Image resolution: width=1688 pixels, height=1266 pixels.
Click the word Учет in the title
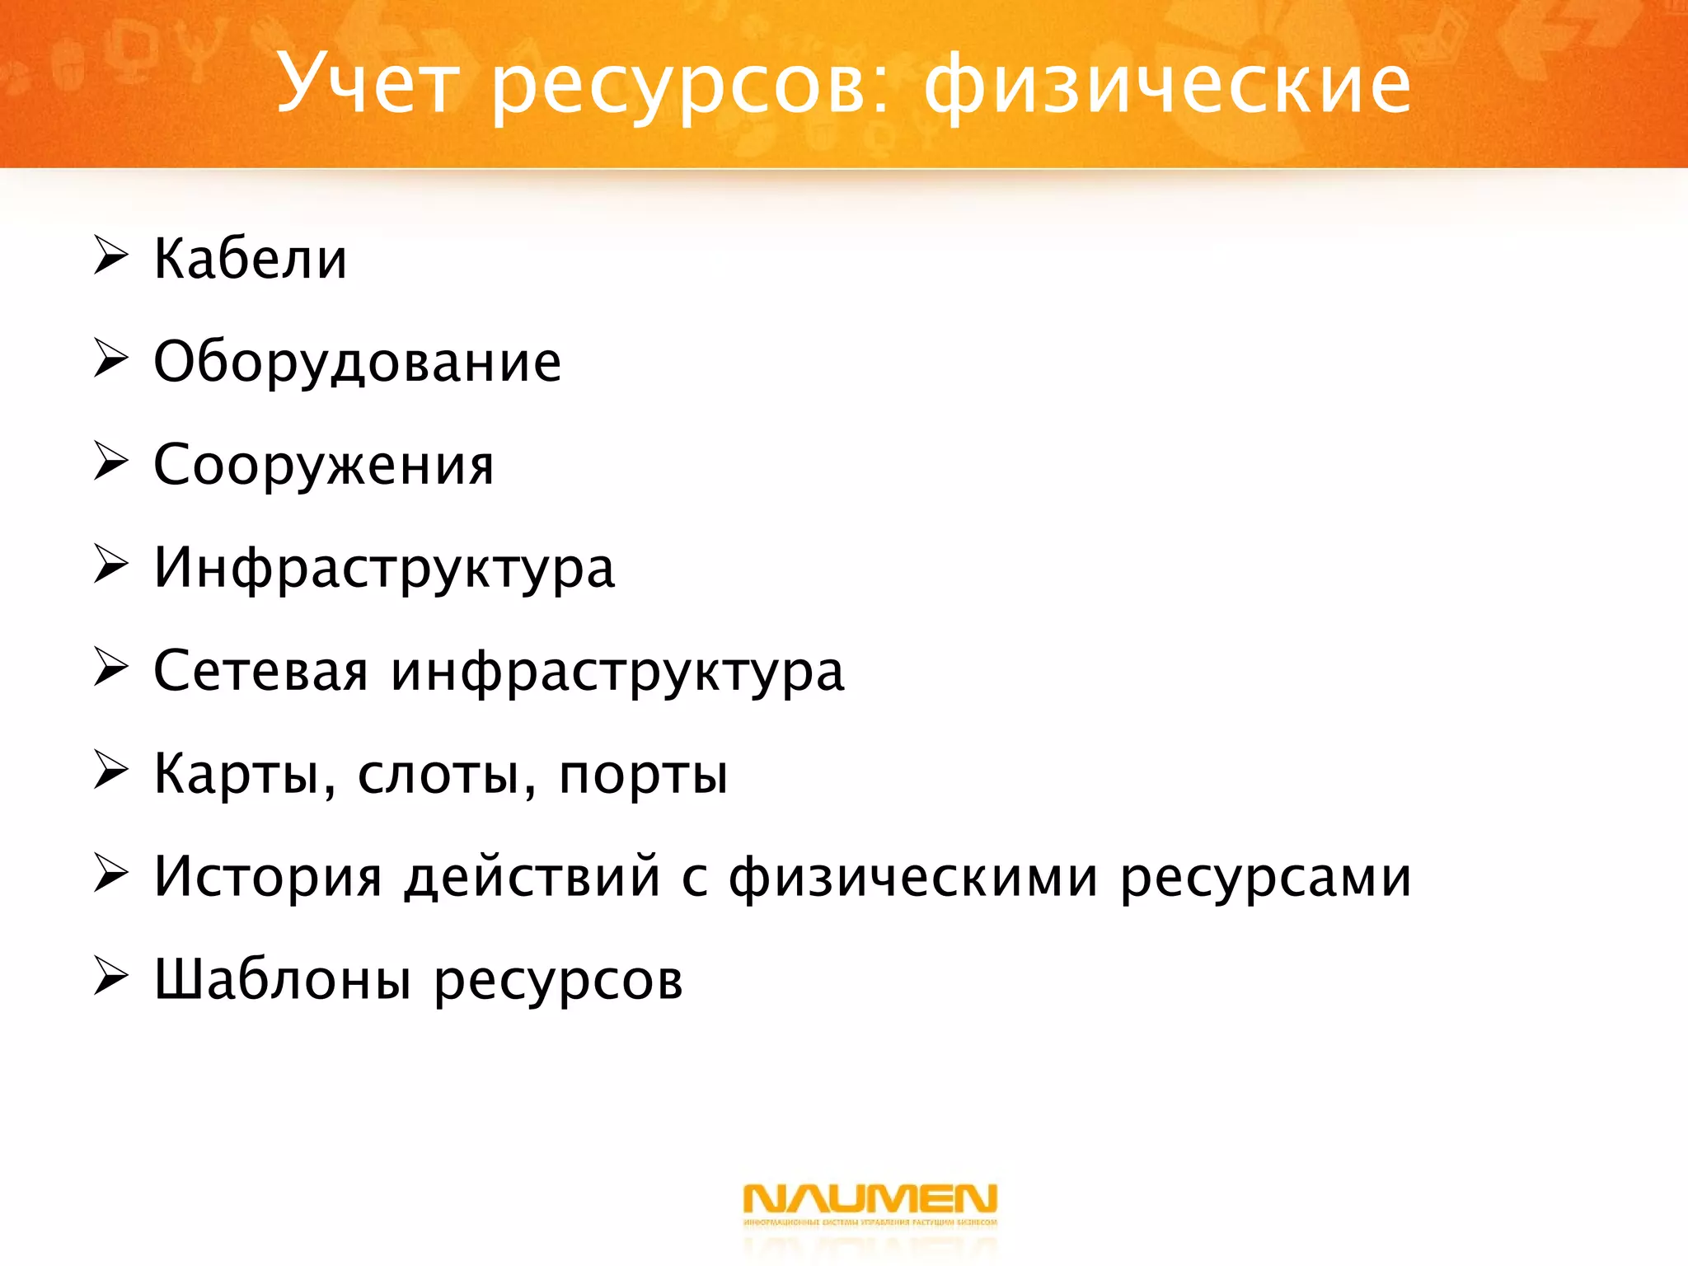pos(367,83)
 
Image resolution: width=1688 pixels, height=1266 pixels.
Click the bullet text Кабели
pos(251,259)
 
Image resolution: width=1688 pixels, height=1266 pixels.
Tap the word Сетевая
pos(260,671)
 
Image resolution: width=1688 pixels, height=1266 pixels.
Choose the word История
pos(268,878)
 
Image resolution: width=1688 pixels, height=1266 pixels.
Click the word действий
pos(533,878)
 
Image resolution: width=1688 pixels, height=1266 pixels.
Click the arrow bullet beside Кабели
pos(110,256)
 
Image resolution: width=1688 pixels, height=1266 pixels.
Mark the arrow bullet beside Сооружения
pos(110,462)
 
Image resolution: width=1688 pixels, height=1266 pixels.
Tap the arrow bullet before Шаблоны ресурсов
pos(110,977)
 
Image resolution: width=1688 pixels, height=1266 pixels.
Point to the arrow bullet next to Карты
pos(110,771)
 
